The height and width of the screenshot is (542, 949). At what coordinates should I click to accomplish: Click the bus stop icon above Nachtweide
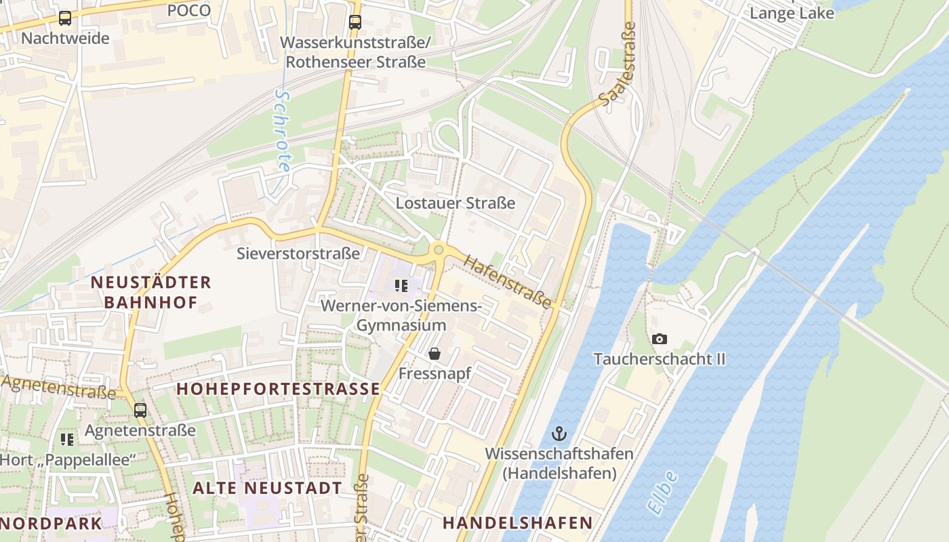[x=64, y=18]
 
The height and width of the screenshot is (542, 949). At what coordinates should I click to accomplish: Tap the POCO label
[x=188, y=10]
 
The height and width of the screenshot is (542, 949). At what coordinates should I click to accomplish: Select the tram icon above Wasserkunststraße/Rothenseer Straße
[x=355, y=22]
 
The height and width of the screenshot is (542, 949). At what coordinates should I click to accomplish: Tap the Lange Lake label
[x=791, y=13]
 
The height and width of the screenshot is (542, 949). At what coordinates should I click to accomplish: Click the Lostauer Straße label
[x=456, y=203]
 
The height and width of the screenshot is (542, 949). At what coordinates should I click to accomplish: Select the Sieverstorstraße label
[x=298, y=253]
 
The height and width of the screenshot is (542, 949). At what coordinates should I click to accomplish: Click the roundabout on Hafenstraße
[x=438, y=251]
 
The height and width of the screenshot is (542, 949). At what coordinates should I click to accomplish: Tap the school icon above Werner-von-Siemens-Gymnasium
[x=401, y=286]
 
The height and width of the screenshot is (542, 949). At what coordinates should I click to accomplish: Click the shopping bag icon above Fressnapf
[x=435, y=354]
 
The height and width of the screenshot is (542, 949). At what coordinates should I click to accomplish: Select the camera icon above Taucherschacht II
[x=659, y=339]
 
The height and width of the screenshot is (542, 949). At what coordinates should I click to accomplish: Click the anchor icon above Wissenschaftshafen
[x=559, y=434]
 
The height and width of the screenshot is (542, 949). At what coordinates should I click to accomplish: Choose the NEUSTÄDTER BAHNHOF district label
[x=151, y=292]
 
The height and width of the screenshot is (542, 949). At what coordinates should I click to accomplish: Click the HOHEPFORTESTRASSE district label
[x=279, y=389]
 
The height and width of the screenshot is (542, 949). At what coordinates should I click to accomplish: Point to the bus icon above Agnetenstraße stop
[x=140, y=410]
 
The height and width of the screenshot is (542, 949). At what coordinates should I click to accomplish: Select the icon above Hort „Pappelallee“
[x=67, y=440]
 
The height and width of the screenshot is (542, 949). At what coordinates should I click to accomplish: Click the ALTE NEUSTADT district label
[x=267, y=488]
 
